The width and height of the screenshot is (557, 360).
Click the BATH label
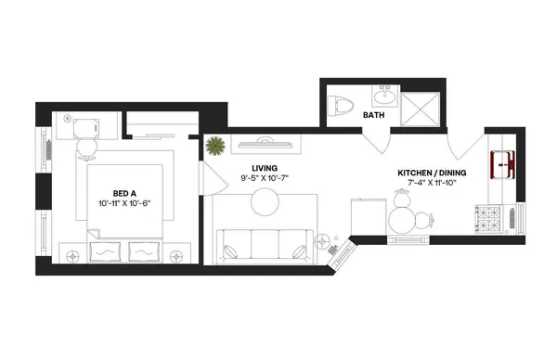(x=374, y=116)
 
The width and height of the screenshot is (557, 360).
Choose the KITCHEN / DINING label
(x=432, y=173)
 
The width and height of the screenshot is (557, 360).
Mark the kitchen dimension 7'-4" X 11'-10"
(x=432, y=183)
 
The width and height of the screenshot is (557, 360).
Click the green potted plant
(x=215, y=146)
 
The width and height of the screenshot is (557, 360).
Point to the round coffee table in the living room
(x=265, y=201)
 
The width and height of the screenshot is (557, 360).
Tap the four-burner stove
(x=489, y=220)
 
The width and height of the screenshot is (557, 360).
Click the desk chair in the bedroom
(x=85, y=147)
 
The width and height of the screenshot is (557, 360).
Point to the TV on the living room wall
(x=264, y=142)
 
